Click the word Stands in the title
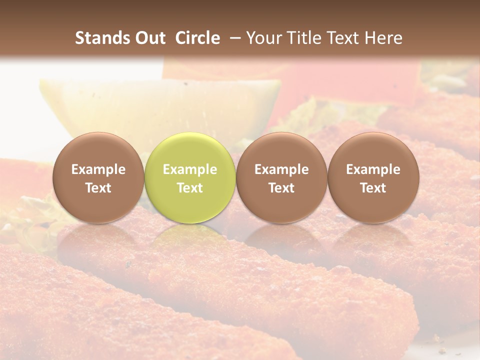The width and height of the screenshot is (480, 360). coord(103,38)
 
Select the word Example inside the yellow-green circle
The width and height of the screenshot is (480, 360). coord(189,169)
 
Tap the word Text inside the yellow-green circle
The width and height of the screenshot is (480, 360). coord(189,188)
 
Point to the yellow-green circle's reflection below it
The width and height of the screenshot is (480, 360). coord(189,240)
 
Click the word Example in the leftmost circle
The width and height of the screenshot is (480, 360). coord(98,169)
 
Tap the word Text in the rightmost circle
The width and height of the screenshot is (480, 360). coord(373,188)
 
